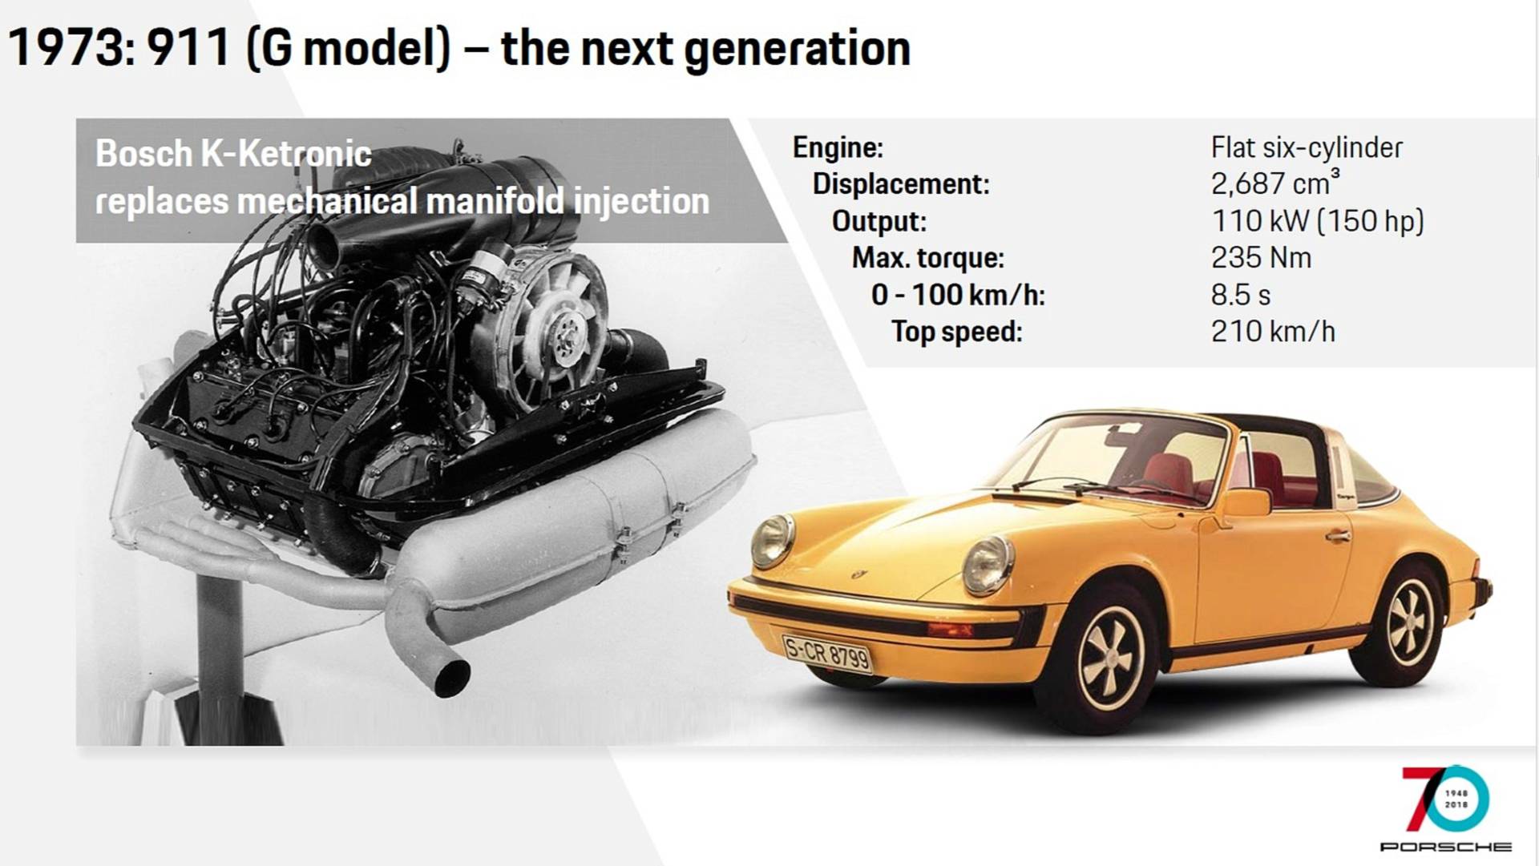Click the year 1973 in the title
pyautogui.click(x=64, y=48)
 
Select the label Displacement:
pyautogui.click(x=901, y=184)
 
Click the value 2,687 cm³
pyautogui.click(x=1274, y=183)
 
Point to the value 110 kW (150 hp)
pyautogui.click(x=1317, y=221)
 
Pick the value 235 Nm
pyautogui.click(x=1261, y=258)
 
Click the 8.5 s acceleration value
pyautogui.click(x=1240, y=295)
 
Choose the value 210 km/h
pyautogui.click(x=1273, y=331)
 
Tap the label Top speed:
pyautogui.click(x=957, y=332)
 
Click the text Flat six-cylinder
pyautogui.click(x=1307, y=148)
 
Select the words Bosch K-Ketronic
pyautogui.click(x=233, y=154)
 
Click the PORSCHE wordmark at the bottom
pyautogui.click(x=1445, y=847)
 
